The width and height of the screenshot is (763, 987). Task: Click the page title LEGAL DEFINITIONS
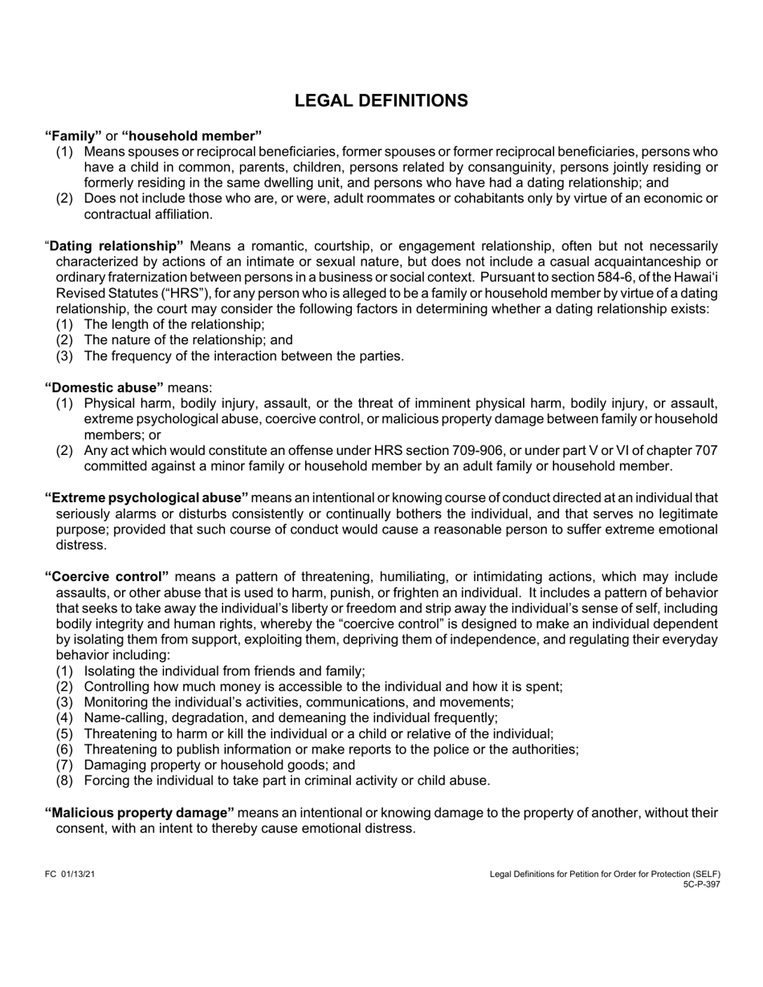point(381,100)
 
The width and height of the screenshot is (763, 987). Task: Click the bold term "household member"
point(191,136)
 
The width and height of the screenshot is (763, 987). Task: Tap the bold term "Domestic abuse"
point(104,388)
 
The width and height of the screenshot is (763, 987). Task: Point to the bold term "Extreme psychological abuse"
point(146,498)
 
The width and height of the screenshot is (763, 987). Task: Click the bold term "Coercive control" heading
point(107,576)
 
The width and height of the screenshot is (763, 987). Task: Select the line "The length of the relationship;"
point(173,324)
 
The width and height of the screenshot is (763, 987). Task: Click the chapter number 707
point(706,450)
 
